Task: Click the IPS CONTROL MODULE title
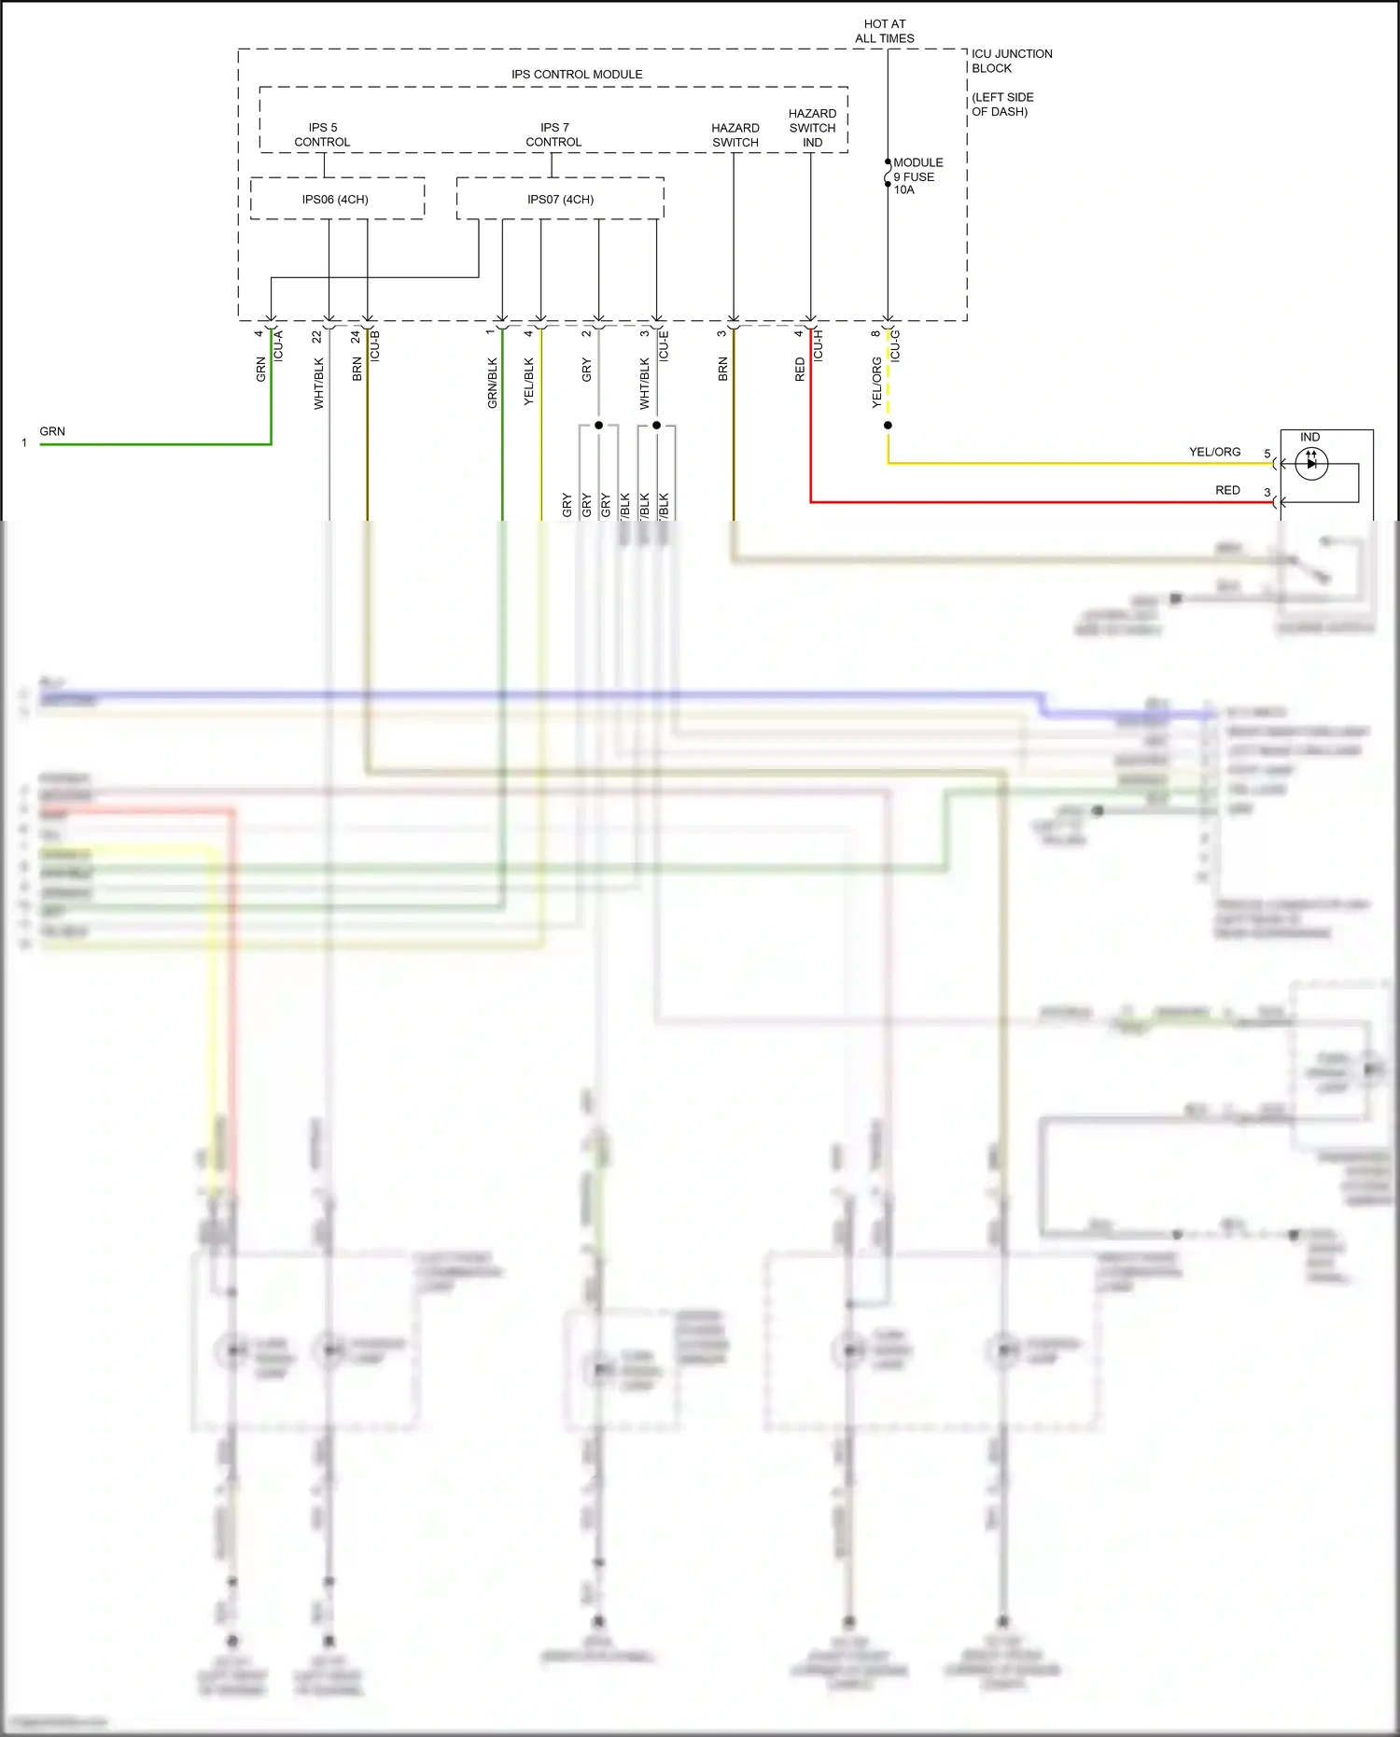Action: (x=577, y=75)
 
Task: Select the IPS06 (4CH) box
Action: (x=335, y=200)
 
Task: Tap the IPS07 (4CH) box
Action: (x=560, y=200)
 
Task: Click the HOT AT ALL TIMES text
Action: (x=885, y=32)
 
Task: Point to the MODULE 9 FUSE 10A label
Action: (x=917, y=176)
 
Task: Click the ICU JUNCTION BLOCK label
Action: (x=1011, y=62)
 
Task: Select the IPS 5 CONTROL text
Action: (x=322, y=135)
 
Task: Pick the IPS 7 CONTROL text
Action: (x=553, y=135)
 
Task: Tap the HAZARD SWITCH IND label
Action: (x=812, y=128)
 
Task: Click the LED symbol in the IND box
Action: (x=1311, y=463)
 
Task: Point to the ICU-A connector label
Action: (x=278, y=345)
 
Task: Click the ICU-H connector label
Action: (x=819, y=345)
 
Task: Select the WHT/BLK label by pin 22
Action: (x=318, y=383)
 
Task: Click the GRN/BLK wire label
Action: (x=492, y=383)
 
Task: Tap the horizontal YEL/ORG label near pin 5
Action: (x=1214, y=452)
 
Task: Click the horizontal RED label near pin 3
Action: (x=1227, y=490)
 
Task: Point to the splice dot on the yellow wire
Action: (x=888, y=426)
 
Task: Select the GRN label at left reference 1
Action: (x=52, y=431)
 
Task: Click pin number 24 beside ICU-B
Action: (x=356, y=336)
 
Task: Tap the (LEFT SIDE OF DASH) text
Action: (x=1001, y=105)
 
